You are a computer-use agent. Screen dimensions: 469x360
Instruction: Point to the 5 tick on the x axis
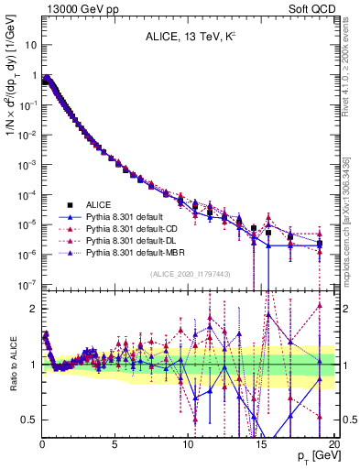tap(115, 445)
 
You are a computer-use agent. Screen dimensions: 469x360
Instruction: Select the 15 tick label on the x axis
tap(261, 445)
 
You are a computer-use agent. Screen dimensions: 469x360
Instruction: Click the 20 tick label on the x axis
tap(333, 445)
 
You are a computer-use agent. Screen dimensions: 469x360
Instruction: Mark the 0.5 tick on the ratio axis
tap(27, 420)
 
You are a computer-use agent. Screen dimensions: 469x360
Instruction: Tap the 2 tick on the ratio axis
tap(32, 311)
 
